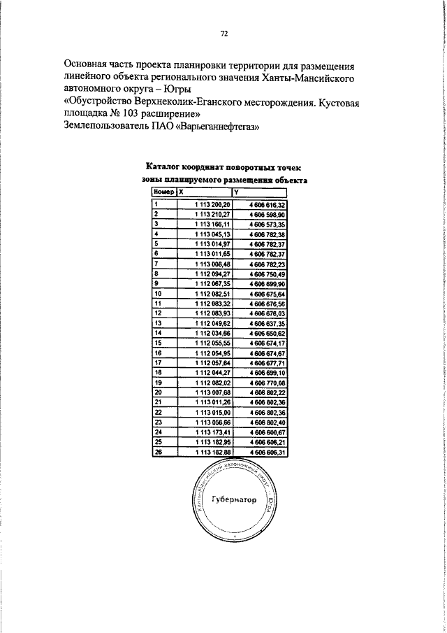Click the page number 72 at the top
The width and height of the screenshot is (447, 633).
click(x=224, y=33)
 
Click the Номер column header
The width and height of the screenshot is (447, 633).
click(x=163, y=191)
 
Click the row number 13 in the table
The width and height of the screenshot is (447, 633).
click(x=158, y=324)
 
